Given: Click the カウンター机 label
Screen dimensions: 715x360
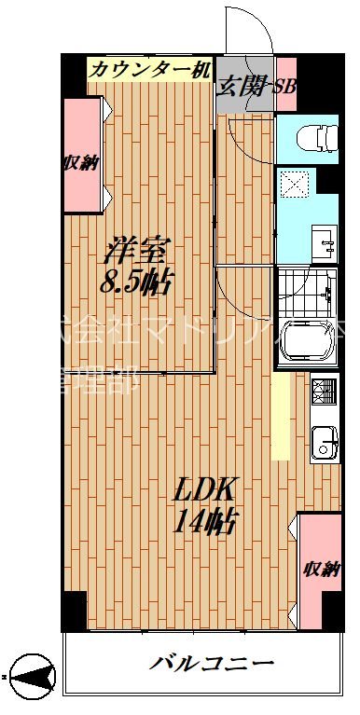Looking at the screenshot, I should click(x=150, y=69).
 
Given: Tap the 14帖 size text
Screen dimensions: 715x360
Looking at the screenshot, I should click(x=204, y=520).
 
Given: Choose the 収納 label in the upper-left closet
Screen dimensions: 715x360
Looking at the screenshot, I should click(x=81, y=163).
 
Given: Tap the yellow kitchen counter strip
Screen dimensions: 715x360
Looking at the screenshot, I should click(x=280, y=415).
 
